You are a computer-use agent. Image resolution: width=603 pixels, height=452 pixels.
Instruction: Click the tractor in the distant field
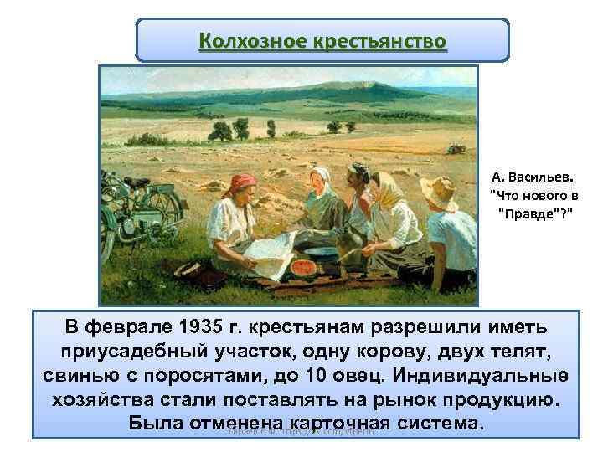456,148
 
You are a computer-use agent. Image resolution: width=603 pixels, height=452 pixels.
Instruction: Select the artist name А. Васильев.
533,177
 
